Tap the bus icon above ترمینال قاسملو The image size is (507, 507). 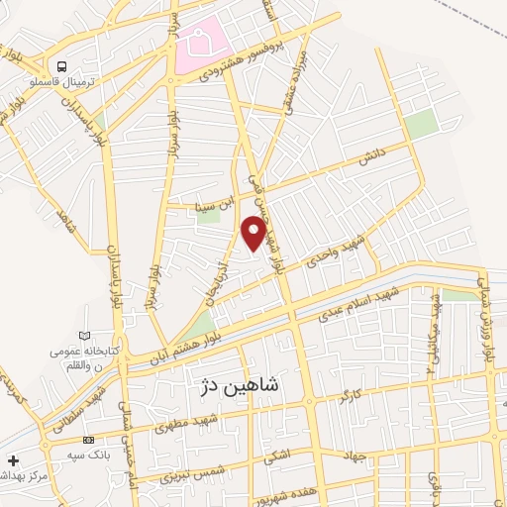(62, 66)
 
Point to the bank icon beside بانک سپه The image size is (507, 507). (90, 439)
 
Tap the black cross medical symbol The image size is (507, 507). (13, 461)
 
